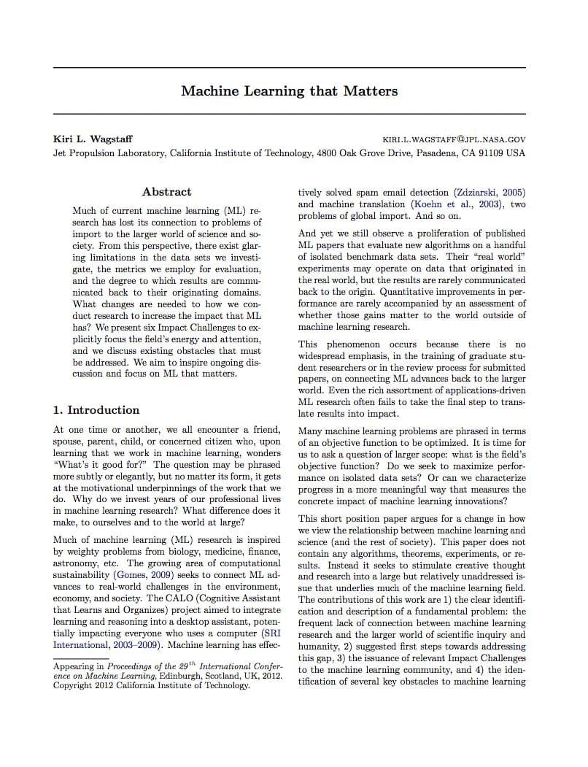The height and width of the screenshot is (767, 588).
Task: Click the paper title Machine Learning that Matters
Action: click(290, 91)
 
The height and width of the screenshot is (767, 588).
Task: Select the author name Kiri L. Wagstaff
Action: click(93, 139)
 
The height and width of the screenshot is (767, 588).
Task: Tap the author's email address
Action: click(454, 139)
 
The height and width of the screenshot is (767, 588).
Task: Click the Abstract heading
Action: click(166, 192)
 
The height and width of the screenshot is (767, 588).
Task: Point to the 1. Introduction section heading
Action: click(96, 410)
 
